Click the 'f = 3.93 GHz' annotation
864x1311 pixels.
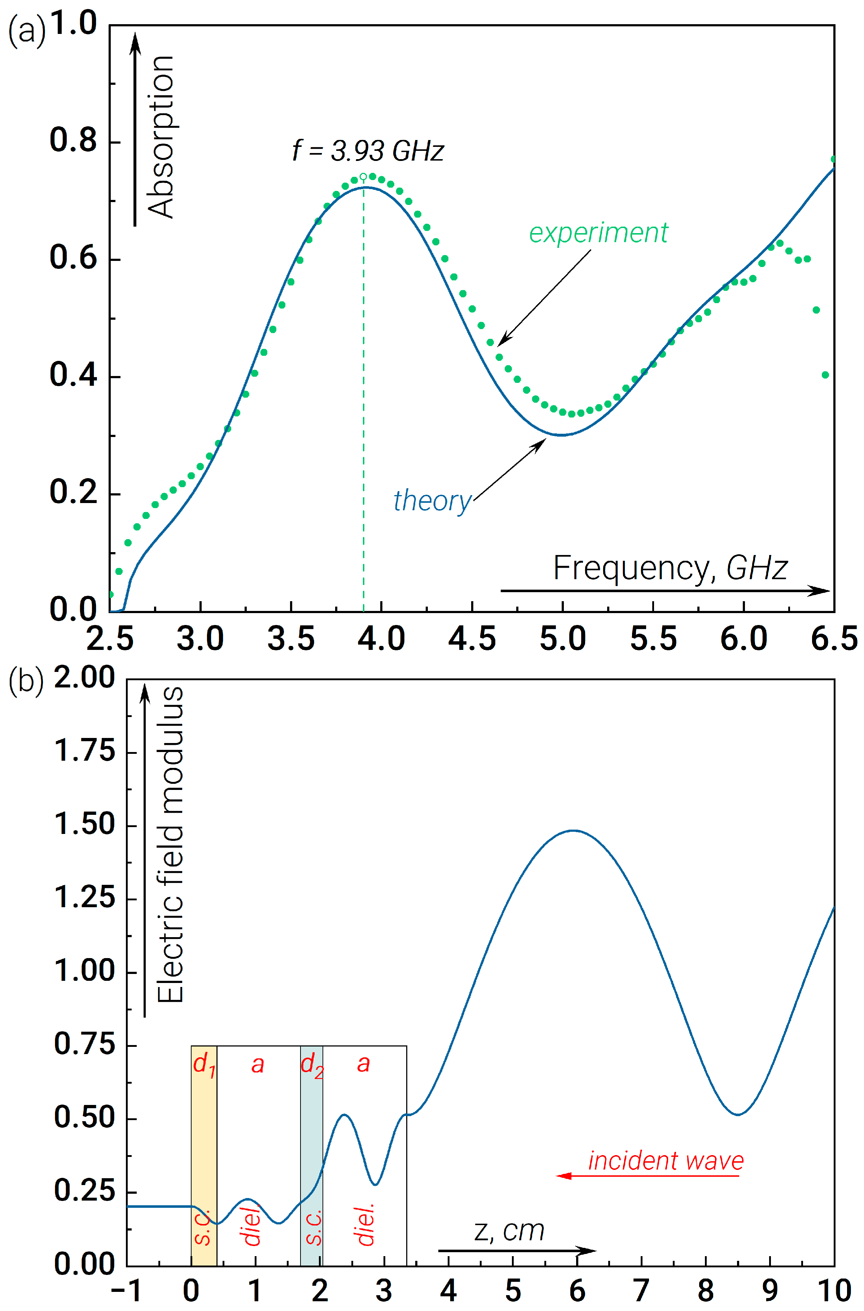click(x=368, y=151)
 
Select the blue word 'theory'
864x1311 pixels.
click(x=432, y=501)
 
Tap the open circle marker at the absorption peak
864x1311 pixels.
click(x=363, y=177)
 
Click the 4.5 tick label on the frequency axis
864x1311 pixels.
click(x=472, y=639)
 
